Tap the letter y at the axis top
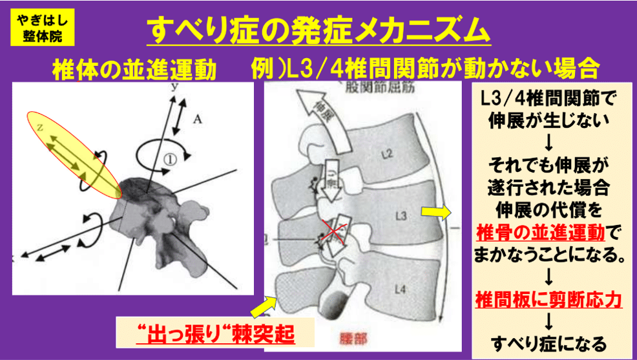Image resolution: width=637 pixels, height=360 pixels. point(173,86)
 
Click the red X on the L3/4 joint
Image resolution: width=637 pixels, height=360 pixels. point(333,233)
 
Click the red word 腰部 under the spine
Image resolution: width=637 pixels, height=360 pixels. point(354,337)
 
